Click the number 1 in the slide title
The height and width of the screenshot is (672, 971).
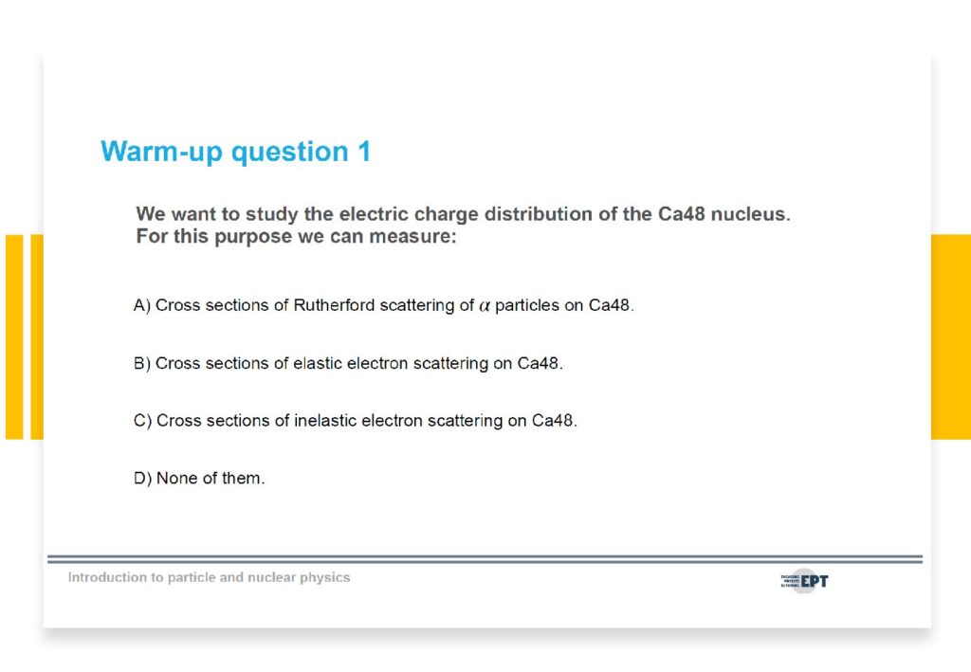(364, 152)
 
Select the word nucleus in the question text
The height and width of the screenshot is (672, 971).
(751, 214)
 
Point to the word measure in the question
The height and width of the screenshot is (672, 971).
(412, 236)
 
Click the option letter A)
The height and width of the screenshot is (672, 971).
(142, 306)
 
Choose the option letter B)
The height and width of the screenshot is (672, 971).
(142, 363)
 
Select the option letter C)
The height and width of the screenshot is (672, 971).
(142, 421)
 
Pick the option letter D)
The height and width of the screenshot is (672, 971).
(142, 479)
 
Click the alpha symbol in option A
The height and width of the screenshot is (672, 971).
(485, 306)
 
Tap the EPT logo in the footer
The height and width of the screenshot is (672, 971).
(804, 581)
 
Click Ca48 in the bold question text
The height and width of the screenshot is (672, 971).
(681, 214)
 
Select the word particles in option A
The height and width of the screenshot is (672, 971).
(527, 306)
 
